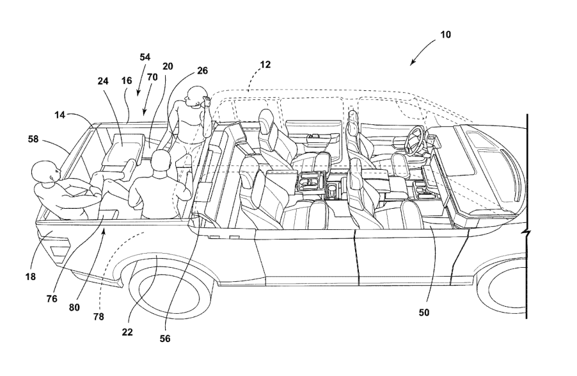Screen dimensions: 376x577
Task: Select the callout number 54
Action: [x=145, y=57]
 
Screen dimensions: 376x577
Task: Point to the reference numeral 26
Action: [x=202, y=70]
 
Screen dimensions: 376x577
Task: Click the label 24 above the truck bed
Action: [x=104, y=81]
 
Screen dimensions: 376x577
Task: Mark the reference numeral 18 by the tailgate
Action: [x=30, y=277]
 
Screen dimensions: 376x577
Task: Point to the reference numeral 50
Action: [x=423, y=313]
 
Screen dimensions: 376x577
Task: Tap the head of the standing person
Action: [x=192, y=98]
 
